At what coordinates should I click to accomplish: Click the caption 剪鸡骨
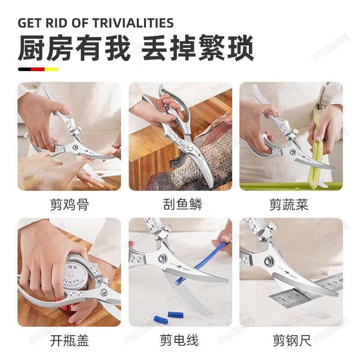69,205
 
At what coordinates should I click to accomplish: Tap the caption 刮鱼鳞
182,205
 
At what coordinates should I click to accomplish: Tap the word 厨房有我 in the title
74,49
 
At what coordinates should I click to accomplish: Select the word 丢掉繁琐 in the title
198,49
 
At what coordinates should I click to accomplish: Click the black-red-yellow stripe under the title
38,69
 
